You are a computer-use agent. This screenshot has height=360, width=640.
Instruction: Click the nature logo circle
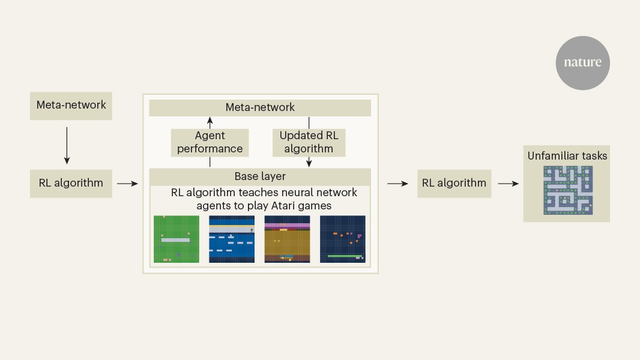pos(582,62)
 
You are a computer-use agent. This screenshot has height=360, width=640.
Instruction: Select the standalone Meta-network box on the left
pos(71,106)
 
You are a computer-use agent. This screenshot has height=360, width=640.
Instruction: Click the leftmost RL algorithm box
pos(71,183)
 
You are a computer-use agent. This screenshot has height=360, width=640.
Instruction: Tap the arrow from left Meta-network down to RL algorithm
pos(67,144)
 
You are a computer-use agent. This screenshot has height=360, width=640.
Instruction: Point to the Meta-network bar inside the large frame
pos(260,108)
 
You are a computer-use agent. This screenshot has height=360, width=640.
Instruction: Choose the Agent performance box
pos(210,143)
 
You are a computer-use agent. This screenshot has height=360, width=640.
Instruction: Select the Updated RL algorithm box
pos(309,143)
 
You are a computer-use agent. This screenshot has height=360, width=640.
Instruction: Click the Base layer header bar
pos(260,177)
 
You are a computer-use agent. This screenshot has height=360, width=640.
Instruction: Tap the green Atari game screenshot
pos(177,239)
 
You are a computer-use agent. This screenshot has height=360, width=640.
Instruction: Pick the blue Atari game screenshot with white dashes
pos(232,239)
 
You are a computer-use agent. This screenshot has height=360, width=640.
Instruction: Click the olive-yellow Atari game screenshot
pos(287,239)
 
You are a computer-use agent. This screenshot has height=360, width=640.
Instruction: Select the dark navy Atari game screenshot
pos(342,239)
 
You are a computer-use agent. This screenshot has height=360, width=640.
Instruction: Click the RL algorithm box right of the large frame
pos(454,183)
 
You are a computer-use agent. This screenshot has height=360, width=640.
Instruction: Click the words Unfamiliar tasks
pos(567,156)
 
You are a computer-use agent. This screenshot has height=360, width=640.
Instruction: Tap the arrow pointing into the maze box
pos(508,184)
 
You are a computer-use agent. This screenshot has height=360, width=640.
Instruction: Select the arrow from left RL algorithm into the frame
pos(127,184)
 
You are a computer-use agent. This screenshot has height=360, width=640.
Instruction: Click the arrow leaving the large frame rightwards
pos(397,184)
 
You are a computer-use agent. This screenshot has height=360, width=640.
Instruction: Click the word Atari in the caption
pos(288,205)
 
